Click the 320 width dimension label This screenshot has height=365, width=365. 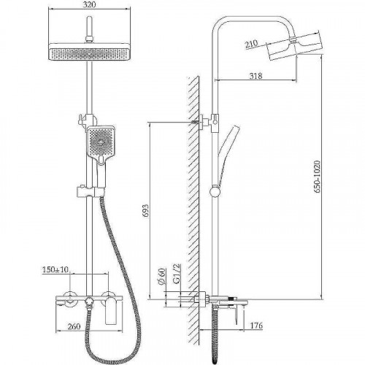tap(89, 4)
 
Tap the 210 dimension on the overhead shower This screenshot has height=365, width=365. tap(251, 44)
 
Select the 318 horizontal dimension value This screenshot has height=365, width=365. tap(255, 76)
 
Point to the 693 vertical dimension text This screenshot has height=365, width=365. tap(145, 210)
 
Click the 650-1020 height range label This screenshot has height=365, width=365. tap(317, 177)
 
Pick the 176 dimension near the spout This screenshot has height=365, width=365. tap(256, 326)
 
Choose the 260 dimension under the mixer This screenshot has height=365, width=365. tap(74, 326)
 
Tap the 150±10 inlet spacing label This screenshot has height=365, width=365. tap(55, 269)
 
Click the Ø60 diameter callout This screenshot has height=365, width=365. tap(162, 276)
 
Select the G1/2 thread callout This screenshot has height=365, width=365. tap(177, 274)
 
